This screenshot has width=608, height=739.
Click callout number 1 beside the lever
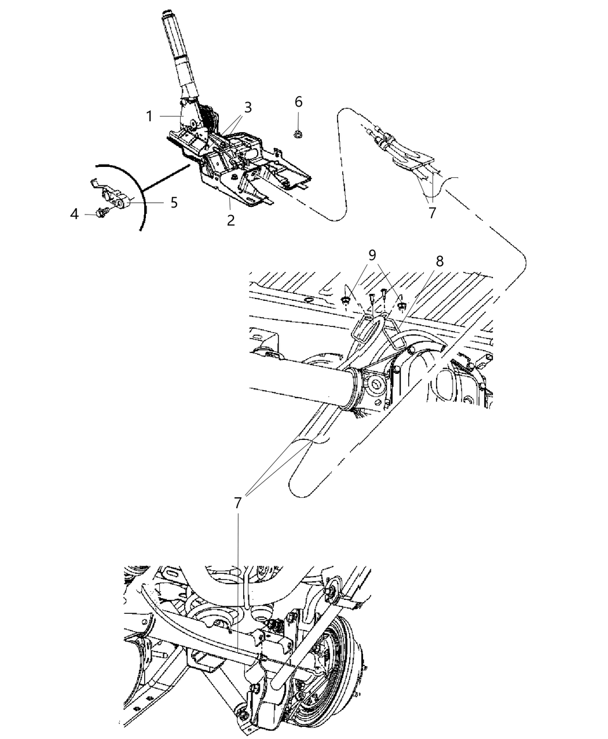[x=149, y=117]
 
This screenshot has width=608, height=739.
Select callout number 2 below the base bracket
[x=230, y=220]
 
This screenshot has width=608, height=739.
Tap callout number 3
[x=247, y=107]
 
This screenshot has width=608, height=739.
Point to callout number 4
[x=74, y=214]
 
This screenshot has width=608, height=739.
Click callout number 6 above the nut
[x=298, y=102]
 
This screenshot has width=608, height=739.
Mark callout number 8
[x=439, y=261]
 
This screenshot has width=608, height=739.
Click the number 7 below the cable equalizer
[x=432, y=213]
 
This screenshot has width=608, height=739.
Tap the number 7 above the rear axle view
[x=237, y=503]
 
